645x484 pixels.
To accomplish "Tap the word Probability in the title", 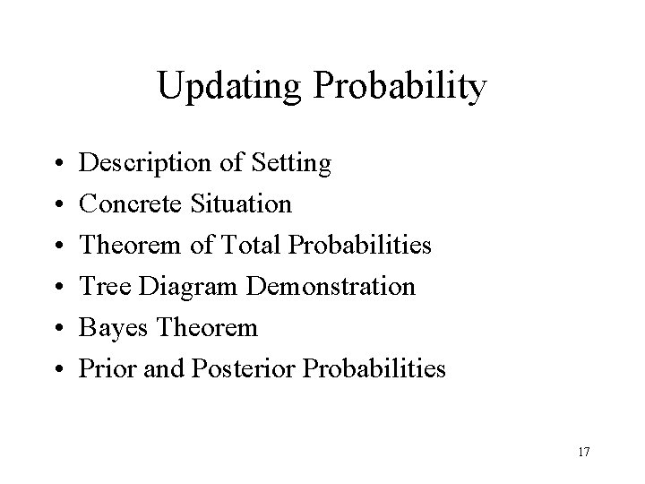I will (402, 87).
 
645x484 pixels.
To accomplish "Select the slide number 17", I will (583, 451).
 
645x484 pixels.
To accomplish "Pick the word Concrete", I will (131, 204).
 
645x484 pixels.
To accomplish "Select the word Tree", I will (100, 287).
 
